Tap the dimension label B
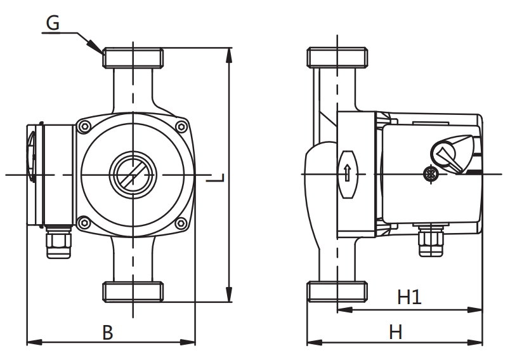click(108, 331)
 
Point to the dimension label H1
click(409, 297)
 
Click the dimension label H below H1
click(396, 331)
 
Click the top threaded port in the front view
click(133, 58)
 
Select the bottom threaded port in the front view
click(133, 291)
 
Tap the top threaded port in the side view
click(337, 58)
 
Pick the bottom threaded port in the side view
click(337, 291)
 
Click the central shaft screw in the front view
click(133, 173)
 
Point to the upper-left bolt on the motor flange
click(83, 127)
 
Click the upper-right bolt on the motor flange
click(182, 127)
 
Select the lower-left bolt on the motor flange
click(83, 222)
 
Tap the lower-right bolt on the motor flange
click(182, 222)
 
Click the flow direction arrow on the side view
click(347, 173)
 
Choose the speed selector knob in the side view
click(447, 154)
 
